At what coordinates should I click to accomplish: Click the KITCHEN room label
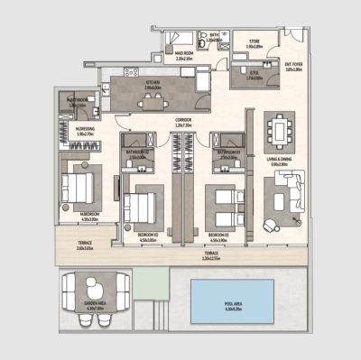pyautogui.click(x=151, y=82)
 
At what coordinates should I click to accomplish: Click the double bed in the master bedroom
pyautogui.click(x=76, y=189)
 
